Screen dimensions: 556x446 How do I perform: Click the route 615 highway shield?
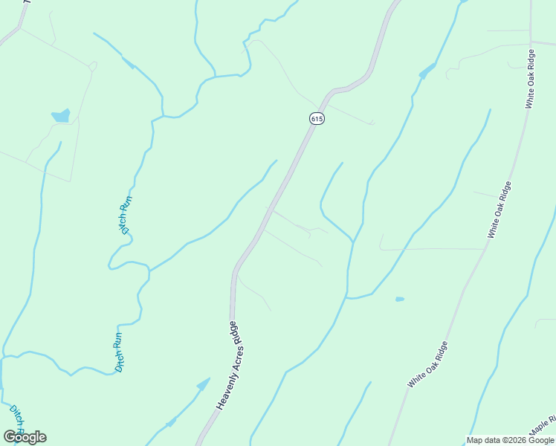[317, 119]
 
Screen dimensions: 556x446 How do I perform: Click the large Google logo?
[25, 437]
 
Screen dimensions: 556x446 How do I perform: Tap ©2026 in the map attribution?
[511, 440]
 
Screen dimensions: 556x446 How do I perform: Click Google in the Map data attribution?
[541, 440]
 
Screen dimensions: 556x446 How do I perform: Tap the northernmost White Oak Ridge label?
[530, 80]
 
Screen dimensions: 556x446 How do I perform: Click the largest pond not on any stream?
[61, 116]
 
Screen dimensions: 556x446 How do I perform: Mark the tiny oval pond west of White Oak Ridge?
[400, 299]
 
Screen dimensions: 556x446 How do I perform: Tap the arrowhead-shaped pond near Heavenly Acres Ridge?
[202, 384]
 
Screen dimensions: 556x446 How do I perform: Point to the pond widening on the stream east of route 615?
[427, 72]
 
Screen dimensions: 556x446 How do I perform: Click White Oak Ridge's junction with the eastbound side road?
[531, 42]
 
